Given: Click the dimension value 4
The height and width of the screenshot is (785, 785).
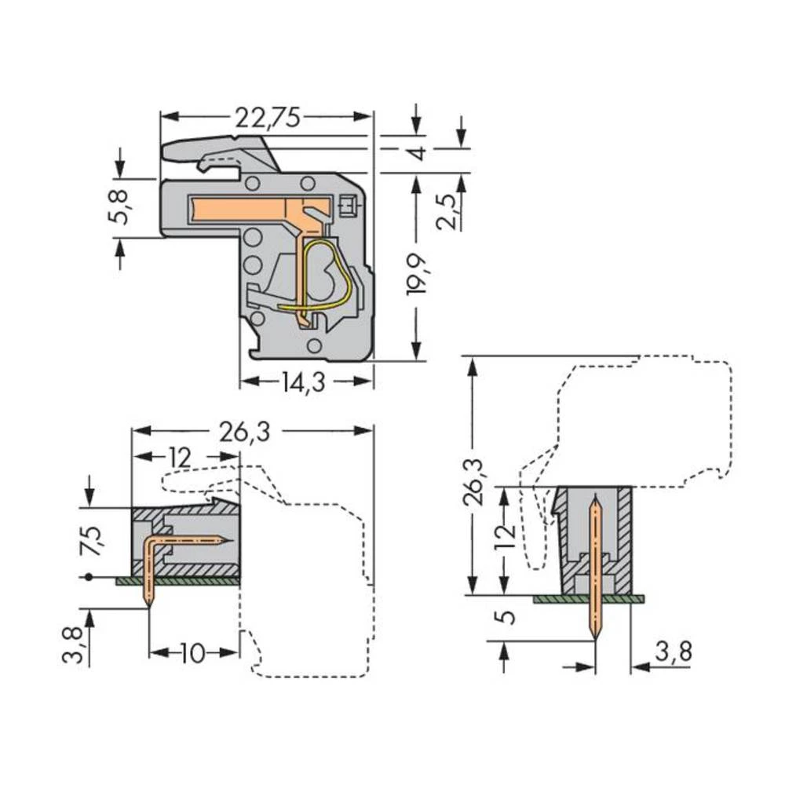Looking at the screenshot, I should point(418,152).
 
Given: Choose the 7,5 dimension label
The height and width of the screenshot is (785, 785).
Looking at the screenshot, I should point(92,542).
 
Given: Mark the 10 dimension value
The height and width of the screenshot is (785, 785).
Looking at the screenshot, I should point(193,652).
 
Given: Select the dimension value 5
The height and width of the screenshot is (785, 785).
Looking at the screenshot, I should point(508,617).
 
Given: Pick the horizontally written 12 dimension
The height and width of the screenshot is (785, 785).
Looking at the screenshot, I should point(179,458).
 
